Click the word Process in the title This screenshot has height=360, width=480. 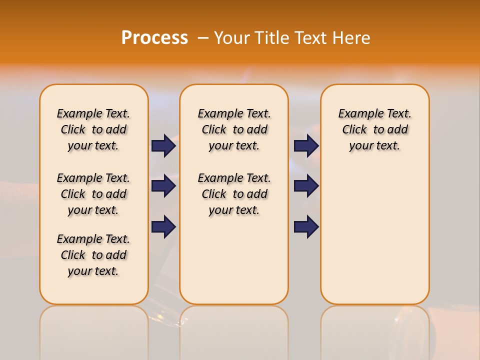pyautogui.click(x=154, y=38)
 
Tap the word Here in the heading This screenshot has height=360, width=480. pyautogui.click(x=352, y=38)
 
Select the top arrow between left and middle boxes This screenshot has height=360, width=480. pyautogui.click(x=163, y=145)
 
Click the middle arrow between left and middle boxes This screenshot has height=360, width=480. pyautogui.click(x=163, y=186)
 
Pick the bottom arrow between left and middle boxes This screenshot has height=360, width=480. pyautogui.click(x=163, y=227)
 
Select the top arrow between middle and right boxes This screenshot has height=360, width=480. pyautogui.click(x=306, y=145)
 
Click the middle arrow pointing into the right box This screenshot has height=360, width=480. pyautogui.click(x=306, y=186)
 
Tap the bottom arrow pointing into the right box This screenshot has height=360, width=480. pyautogui.click(x=306, y=227)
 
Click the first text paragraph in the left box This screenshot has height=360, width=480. pyautogui.click(x=93, y=129)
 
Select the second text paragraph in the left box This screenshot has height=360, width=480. pyautogui.click(x=93, y=194)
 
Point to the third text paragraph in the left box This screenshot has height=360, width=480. pyautogui.click(x=93, y=255)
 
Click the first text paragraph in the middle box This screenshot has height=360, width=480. pyautogui.click(x=234, y=129)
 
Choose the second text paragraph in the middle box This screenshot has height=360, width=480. pyautogui.click(x=234, y=194)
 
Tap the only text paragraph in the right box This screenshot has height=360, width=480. pyautogui.click(x=374, y=129)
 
